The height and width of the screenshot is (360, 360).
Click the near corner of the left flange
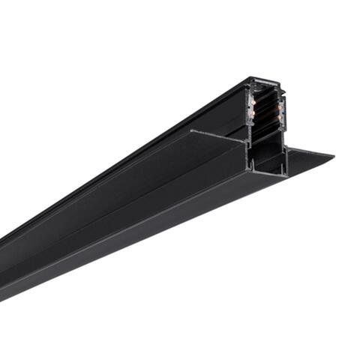point(191,132)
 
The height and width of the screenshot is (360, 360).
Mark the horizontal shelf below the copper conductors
point(265,138)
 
